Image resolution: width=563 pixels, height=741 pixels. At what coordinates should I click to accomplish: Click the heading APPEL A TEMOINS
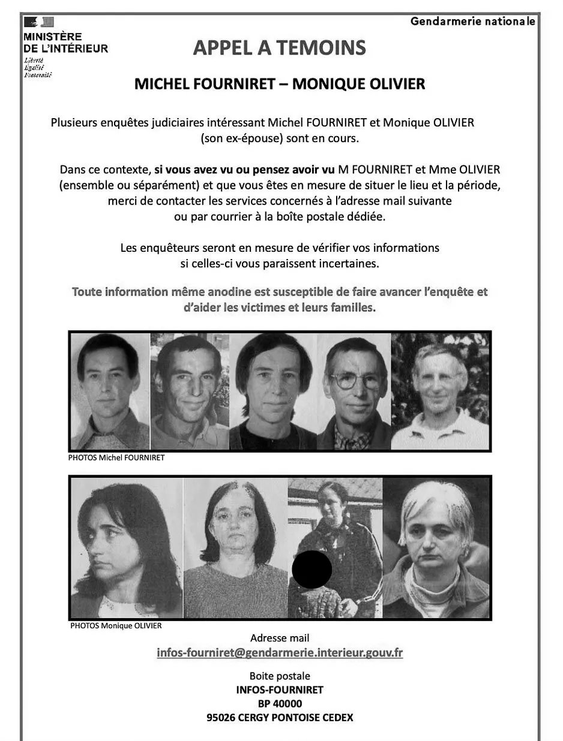pyautogui.click(x=279, y=47)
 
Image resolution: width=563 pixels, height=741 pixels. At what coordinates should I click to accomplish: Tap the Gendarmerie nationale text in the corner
pyautogui.click(x=472, y=22)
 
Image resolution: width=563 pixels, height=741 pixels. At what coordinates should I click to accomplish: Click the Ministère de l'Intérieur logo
pyautogui.click(x=40, y=23)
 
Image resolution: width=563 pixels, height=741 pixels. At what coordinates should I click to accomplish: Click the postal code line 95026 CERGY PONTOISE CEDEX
pyautogui.click(x=280, y=717)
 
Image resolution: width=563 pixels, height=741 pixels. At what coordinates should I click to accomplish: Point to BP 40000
pyautogui.click(x=280, y=703)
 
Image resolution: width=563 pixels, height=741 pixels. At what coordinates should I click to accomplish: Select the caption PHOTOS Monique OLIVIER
pyautogui.click(x=116, y=626)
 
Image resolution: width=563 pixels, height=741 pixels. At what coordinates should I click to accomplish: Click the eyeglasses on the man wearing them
pyautogui.click(x=355, y=379)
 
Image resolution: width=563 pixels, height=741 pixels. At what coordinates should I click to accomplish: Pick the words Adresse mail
pyautogui.click(x=280, y=638)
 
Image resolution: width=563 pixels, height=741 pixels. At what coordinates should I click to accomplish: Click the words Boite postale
pyautogui.click(x=280, y=676)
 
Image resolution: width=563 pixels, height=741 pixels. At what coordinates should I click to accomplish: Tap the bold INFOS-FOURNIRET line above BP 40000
pyautogui.click(x=280, y=689)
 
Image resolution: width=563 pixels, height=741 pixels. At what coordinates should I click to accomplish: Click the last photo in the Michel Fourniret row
pyautogui.click(x=440, y=391)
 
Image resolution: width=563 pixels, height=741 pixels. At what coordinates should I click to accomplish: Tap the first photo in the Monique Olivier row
pyautogui.click(x=126, y=547)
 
